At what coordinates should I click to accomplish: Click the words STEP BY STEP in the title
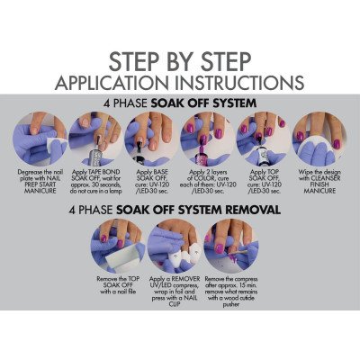pyautogui.click(x=179, y=62)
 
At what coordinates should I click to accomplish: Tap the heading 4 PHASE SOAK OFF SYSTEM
pyautogui.click(x=179, y=103)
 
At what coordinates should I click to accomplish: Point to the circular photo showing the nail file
pyautogui.click(x=123, y=245)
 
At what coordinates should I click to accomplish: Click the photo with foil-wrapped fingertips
pyautogui.click(x=179, y=245)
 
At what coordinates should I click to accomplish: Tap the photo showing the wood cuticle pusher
pyautogui.click(x=235, y=245)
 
